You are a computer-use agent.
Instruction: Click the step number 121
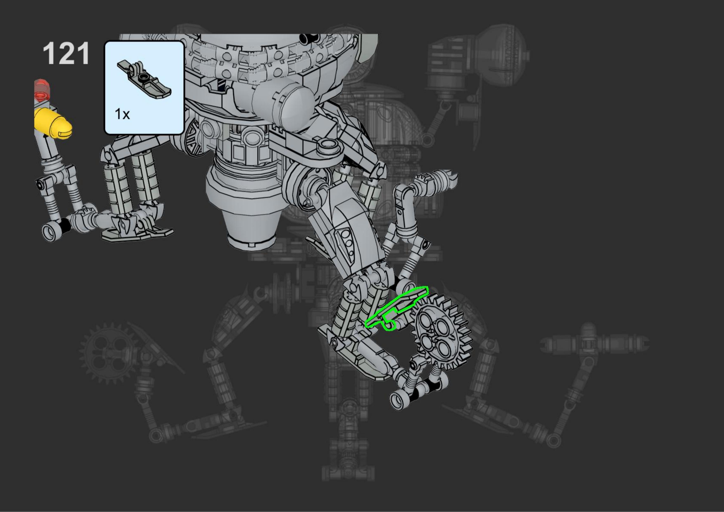[66, 54]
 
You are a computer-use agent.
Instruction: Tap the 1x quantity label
[122, 114]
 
